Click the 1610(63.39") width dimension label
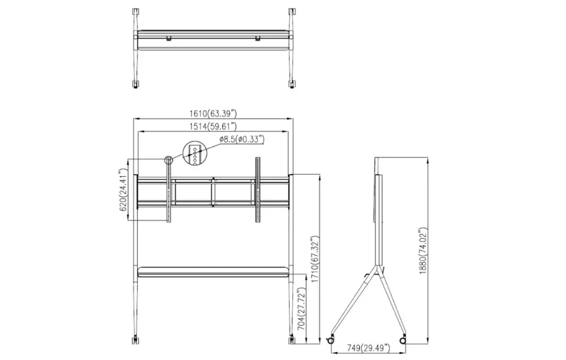(213, 113)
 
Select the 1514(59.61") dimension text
(213, 126)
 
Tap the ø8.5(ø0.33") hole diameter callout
(242, 139)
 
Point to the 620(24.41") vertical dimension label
(124, 190)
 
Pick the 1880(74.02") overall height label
(423, 251)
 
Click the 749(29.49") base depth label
(368, 348)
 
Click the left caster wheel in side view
(330, 341)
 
